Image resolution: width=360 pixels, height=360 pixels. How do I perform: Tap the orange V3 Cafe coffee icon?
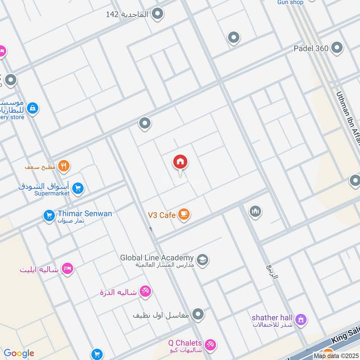(183, 215)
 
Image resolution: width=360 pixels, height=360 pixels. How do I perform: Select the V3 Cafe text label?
(162, 215)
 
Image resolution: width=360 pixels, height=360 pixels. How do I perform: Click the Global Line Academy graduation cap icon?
(202, 260)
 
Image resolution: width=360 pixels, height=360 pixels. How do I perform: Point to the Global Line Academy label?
(157, 258)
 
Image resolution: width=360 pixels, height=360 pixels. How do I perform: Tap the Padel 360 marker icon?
(337, 48)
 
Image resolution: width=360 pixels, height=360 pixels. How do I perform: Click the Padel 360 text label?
(310, 48)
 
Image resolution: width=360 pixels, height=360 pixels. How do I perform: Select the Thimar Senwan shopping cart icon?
(49, 216)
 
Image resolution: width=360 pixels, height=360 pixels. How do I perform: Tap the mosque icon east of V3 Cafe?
(255, 211)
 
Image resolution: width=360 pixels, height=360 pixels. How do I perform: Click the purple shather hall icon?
(301, 319)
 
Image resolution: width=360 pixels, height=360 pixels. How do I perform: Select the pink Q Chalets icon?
(210, 346)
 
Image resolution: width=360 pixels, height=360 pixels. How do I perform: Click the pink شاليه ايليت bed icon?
(67, 269)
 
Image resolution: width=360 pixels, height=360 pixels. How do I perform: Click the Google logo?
(19, 353)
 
